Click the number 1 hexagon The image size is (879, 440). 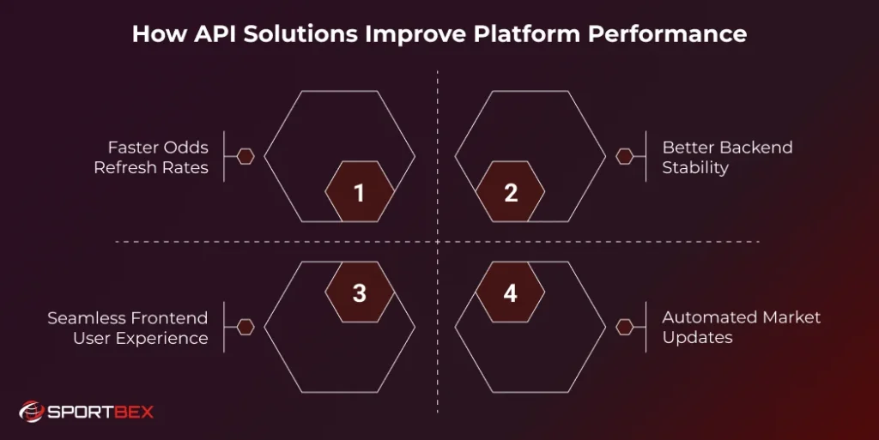point(360,193)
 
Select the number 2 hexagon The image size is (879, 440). point(511,193)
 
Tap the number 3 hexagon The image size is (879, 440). point(360,292)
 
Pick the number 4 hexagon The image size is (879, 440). point(511,292)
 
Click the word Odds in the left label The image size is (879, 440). point(185,148)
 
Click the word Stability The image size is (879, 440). point(695,167)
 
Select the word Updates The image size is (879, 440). point(697,338)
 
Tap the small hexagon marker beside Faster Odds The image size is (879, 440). point(246,157)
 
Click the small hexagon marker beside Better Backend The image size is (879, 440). point(625,157)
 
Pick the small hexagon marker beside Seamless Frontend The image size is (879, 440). point(246,327)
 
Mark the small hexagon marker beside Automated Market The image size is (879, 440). point(625,327)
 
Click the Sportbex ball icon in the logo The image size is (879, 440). point(32,413)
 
